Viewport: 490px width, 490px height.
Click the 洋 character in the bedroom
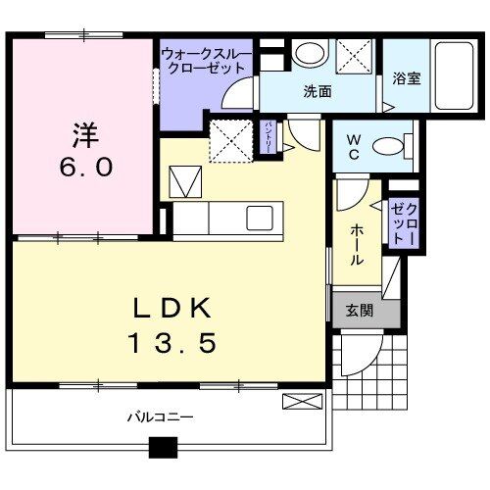(x=84, y=129)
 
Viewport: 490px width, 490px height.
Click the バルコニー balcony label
(x=160, y=416)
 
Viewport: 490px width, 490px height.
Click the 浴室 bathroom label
(x=407, y=78)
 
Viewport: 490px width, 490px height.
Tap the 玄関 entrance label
(x=358, y=311)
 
